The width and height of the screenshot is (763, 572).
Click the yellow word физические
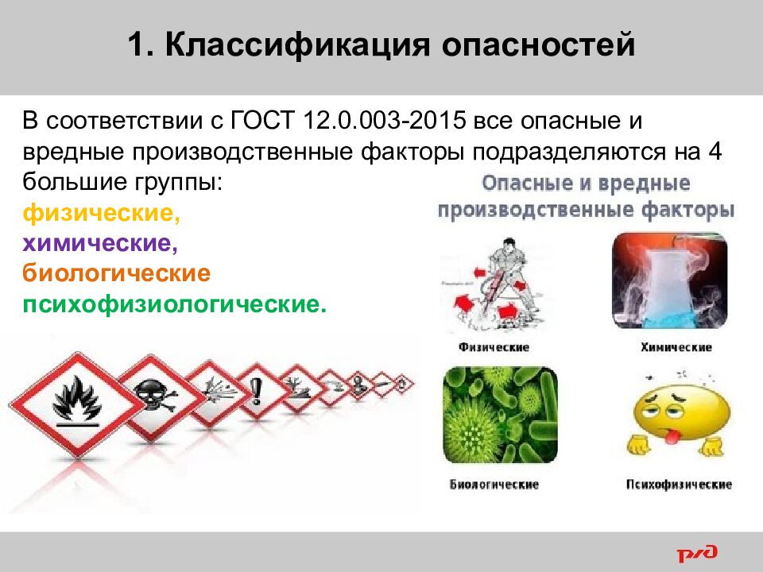click(x=98, y=213)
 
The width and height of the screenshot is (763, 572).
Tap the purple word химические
click(x=97, y=243)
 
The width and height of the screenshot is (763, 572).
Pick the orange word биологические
click(x=116, y=274)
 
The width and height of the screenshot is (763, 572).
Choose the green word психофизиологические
click(x=174, y=305)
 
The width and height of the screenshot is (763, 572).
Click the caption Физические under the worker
click(x=494, y=347)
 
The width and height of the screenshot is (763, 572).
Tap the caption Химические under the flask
click(x=676, y=347)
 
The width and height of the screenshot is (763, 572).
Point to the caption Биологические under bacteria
click(x=494, y=484)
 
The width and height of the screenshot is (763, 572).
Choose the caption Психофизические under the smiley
click(x=679, y=484)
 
